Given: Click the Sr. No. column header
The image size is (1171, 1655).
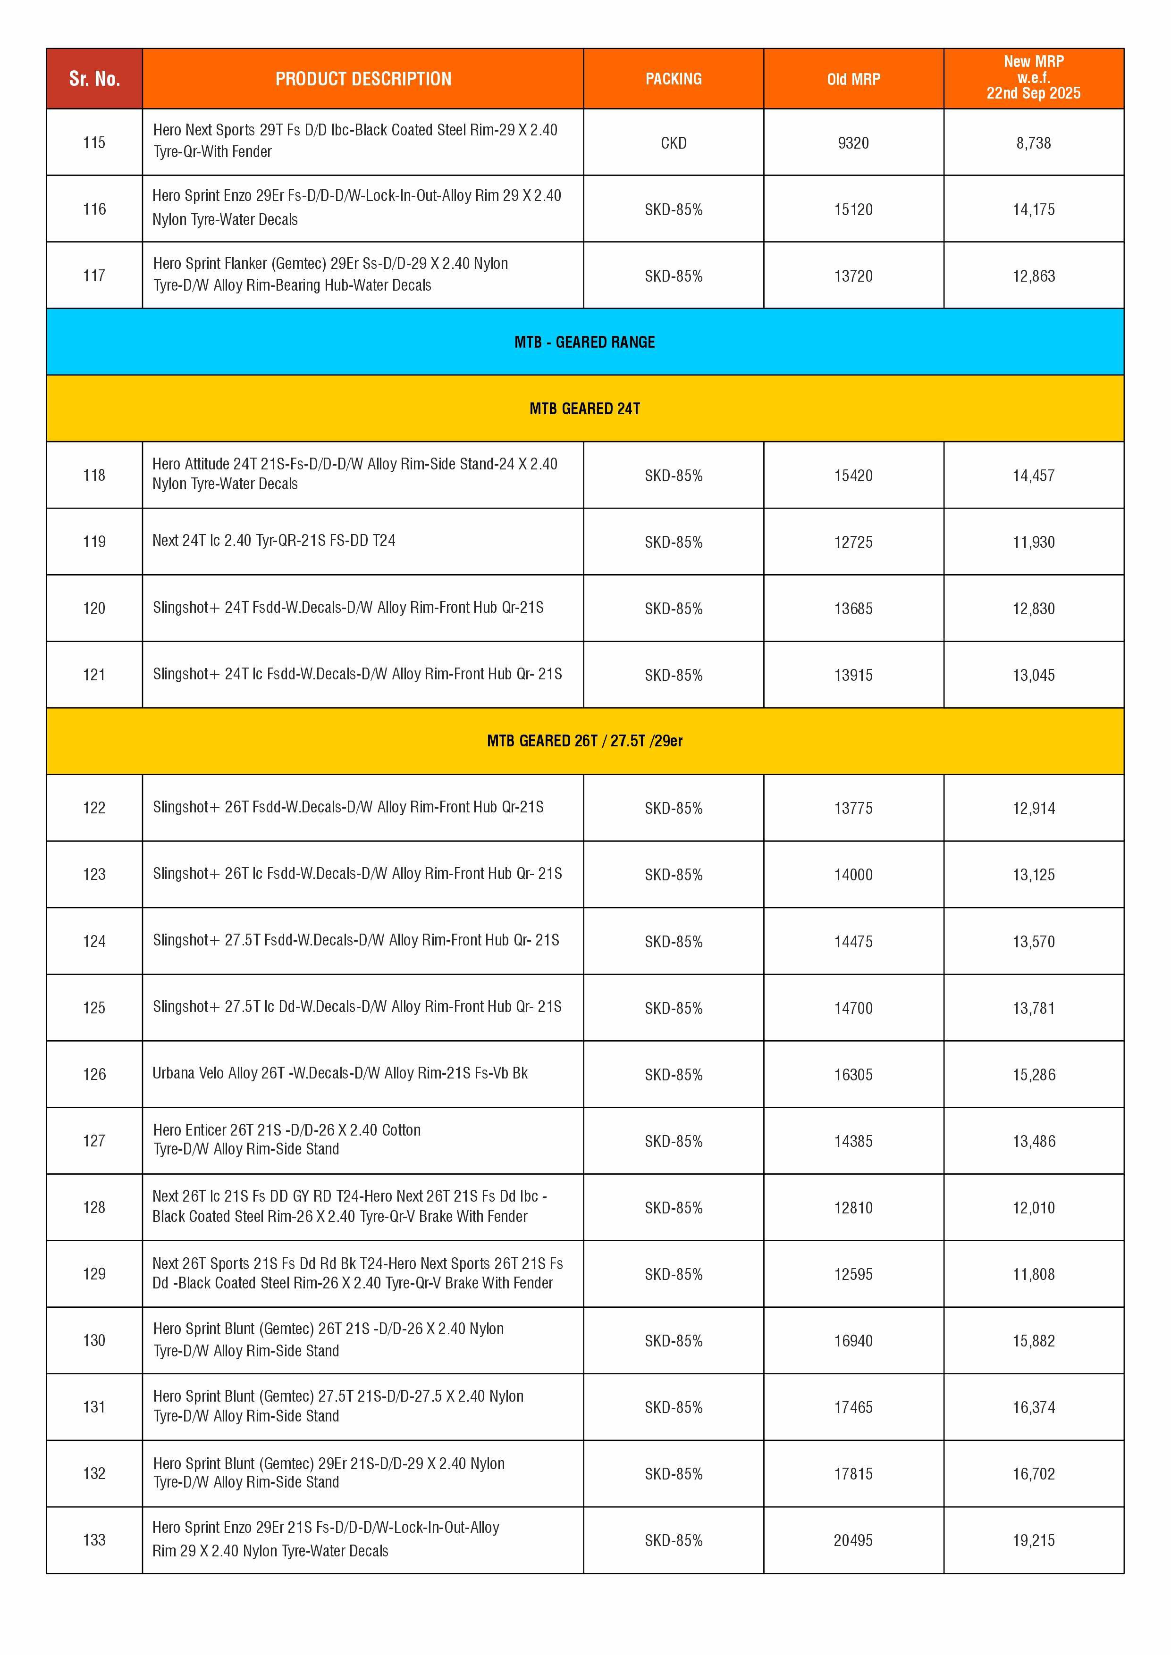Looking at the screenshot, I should [94, 79].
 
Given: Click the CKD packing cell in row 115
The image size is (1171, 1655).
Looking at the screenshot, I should [674, 143].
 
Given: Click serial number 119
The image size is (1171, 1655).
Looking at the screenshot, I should [94, 541].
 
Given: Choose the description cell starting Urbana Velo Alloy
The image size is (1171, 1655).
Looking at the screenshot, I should [340, 1073].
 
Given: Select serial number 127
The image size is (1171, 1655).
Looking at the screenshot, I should [94, 1140].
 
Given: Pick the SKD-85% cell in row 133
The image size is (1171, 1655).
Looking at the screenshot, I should [674, 1540].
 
